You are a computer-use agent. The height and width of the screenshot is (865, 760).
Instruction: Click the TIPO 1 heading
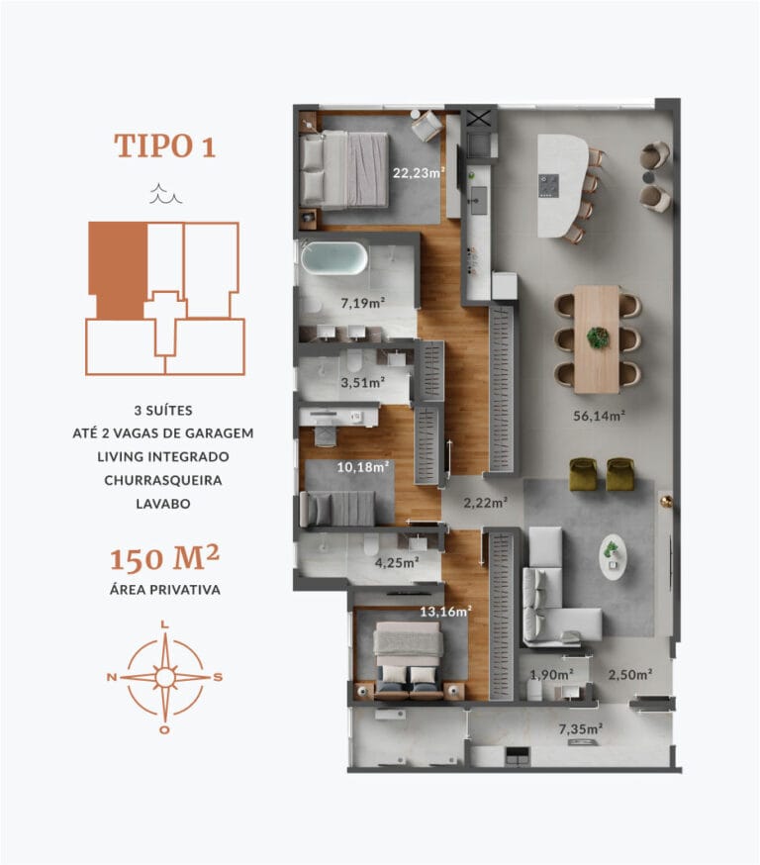click(x=164, y=145)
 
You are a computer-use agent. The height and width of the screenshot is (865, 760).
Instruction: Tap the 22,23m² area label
click(x=419, y=172)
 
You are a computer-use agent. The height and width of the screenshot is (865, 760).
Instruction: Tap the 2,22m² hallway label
click(x=485, y=503)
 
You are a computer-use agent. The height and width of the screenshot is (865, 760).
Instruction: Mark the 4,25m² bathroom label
click(x=395, y=562)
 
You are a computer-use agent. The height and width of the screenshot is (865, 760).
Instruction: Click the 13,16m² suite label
click(x=445, y=611)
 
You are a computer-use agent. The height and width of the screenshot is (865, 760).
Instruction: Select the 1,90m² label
click(x=551, y=675)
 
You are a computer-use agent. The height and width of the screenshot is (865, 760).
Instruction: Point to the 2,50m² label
click(x=629, y=675)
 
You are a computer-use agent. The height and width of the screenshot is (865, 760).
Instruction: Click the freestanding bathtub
click(x=333, y=258)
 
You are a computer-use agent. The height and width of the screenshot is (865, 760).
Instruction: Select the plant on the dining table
click(x=597, y=337)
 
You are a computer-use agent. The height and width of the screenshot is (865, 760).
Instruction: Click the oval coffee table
click(x=613, y=556)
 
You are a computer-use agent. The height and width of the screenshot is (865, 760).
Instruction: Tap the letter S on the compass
click(x=219, y=678)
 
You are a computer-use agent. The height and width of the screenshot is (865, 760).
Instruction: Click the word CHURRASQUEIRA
click(x=164, y=479)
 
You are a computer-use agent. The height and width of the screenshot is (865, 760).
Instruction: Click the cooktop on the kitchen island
click(x=550, y=184)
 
